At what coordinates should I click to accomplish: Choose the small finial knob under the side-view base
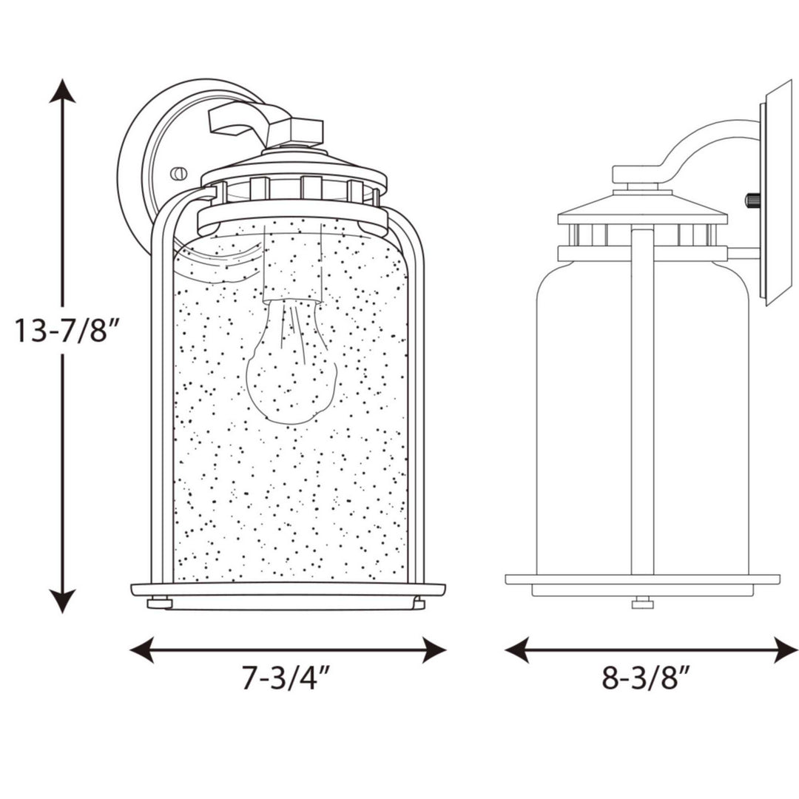(642, 603)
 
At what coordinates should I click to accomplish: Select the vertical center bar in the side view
(642, 399)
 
